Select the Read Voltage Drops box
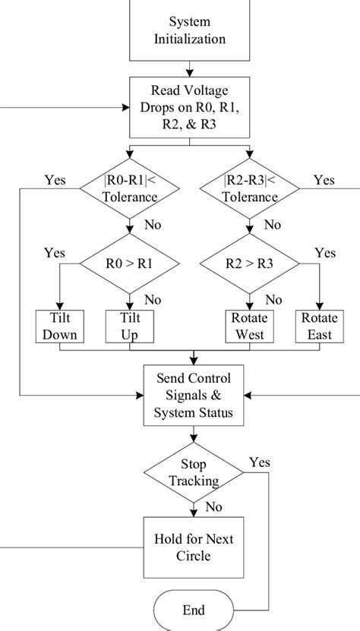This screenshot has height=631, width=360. tap(197, 108)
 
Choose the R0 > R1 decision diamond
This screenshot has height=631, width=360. tap(131, 265)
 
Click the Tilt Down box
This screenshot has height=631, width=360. tap(59, 327)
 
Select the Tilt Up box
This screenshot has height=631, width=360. tap(131, 327)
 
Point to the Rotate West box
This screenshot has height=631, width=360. tap(246, 327)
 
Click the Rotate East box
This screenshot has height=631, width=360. tap(318, 327)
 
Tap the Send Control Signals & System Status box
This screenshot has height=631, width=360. tap(197, 395)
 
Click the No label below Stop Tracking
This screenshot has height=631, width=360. tap(215, 506)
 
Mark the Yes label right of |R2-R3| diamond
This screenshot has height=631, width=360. tap(324, 181)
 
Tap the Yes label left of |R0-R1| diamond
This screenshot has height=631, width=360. tap(55, 181)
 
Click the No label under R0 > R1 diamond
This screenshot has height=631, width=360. tap(153, 299)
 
